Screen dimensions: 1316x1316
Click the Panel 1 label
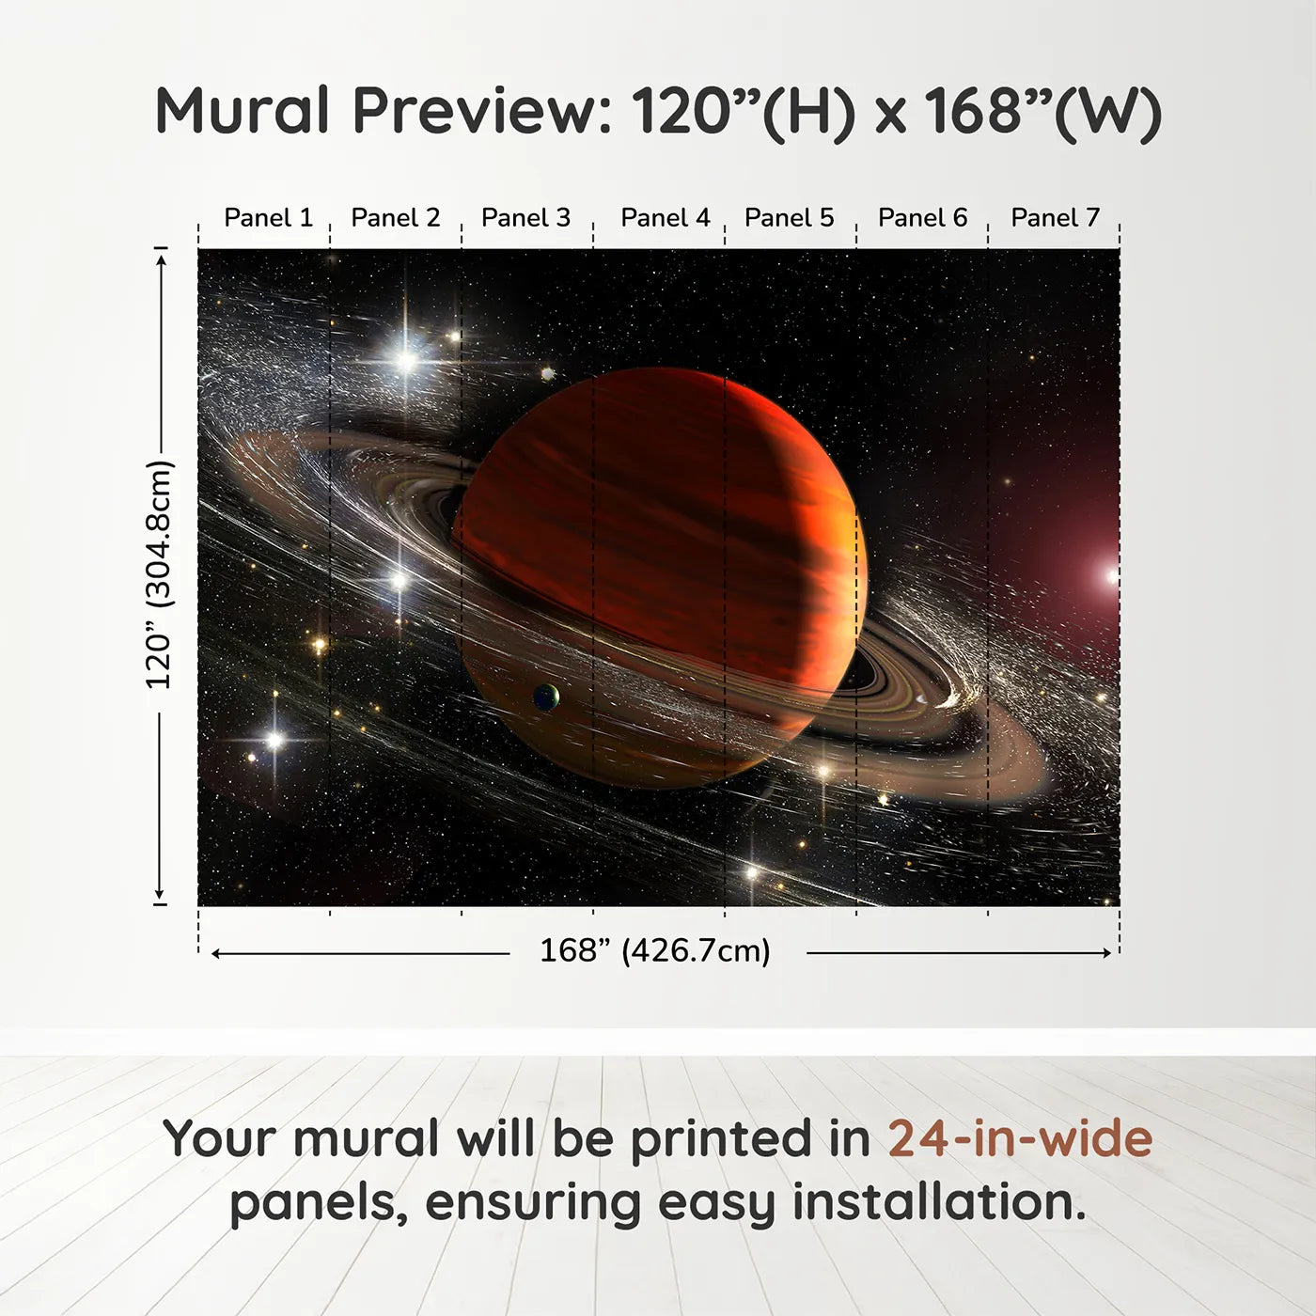268,218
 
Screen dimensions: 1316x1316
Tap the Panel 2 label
395,218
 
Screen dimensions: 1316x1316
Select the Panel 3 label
525,218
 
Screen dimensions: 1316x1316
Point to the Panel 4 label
665,218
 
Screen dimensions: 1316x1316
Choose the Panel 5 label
789,218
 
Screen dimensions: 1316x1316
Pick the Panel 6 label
922,218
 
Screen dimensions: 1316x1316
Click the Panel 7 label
1055,218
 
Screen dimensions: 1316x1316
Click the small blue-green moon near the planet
545,697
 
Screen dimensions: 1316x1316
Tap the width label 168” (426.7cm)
654,951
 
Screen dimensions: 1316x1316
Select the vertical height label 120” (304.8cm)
160,575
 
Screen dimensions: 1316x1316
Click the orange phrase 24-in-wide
1020,1139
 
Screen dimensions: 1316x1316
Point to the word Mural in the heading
243,111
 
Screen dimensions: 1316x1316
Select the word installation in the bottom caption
938,1202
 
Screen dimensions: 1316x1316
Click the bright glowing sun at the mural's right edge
1112,575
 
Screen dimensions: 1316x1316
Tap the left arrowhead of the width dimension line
216,953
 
